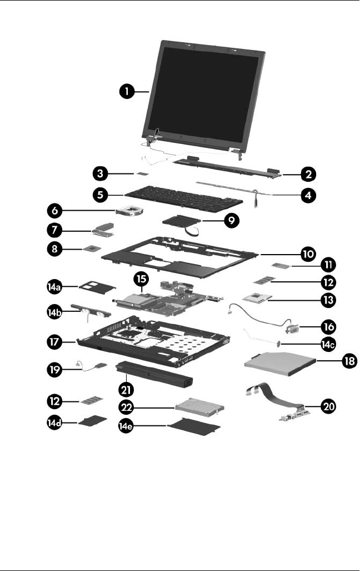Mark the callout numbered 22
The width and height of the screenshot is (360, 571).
(x=131, y=407)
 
